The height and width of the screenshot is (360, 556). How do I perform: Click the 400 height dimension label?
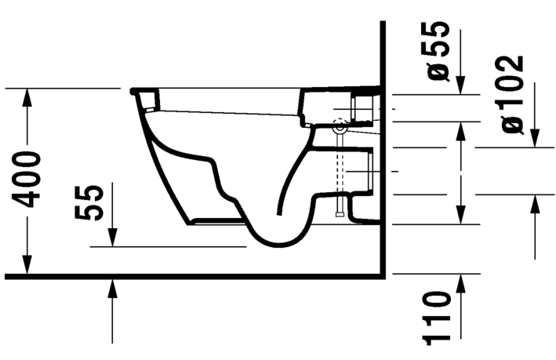pyautogui.click(x=30, y=179)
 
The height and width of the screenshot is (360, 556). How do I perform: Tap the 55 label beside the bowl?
pyautogui.click(x=93, y=203)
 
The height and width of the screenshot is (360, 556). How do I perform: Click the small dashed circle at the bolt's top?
pyautogui.click(x=339, y=125)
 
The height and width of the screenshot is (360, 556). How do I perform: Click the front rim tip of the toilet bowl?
pyautogui.click(x=133, y=90)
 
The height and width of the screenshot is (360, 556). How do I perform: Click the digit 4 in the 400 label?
pyautogui.click(x=30, y=198)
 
